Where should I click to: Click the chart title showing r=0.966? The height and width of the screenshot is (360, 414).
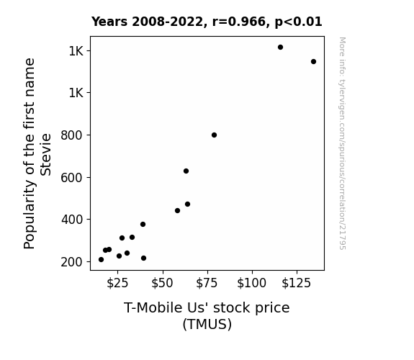click(x=207, y=22)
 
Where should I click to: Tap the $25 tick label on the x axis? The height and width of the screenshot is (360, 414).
click(x=117, y=283)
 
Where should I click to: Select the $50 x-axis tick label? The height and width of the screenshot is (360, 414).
click(x=162, y=283)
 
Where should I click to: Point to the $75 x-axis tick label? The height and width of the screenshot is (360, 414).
click(x=207, y=283)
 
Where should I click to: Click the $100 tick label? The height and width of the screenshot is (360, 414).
click(x=251, y=283)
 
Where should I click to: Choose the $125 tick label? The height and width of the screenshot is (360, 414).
click(x=296, y=283)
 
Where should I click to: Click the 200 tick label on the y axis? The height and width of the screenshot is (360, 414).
click(x=72, y=262)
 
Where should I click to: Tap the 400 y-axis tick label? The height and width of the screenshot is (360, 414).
click(x=72, y=220)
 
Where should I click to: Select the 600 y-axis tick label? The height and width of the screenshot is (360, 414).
click(x=72, y=178)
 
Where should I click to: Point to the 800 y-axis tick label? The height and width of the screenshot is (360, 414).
click(x=72, y=135)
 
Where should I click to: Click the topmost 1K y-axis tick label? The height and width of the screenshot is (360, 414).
click(x=76, y=51)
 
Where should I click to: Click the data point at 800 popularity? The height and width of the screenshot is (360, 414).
click(x=214, y=135)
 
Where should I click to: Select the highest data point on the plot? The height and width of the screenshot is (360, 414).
click(x=280, y=47)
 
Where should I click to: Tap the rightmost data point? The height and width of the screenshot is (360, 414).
click(x=313, y=61)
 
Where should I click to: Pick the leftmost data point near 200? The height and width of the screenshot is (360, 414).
click(x=101, y=260)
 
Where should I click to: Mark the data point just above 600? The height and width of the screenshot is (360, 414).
click(x=186, y=171)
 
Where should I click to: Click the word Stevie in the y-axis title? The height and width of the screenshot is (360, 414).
click(x=46, y=155)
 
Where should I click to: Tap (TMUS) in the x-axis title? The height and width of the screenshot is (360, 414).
click(x=207, y=324)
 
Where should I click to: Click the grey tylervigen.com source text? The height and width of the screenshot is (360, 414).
click(x=342, y=143)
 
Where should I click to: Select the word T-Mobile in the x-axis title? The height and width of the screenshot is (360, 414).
click(x=153, y=307)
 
